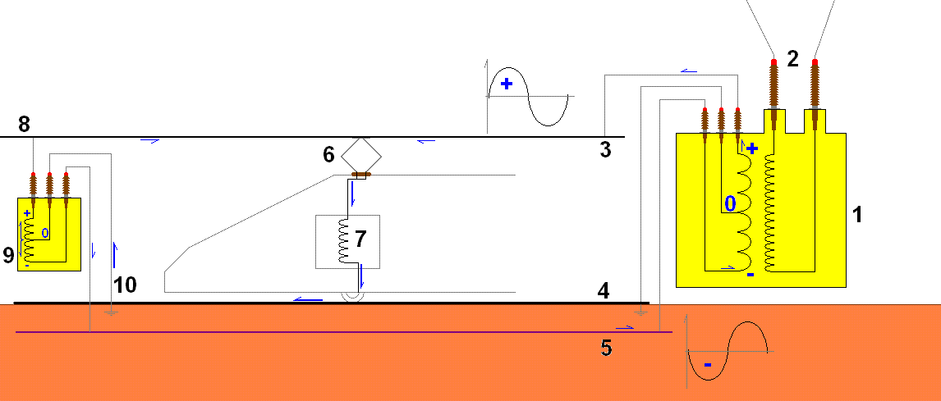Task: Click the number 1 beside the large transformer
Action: [857, 214]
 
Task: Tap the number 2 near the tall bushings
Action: [792, 59]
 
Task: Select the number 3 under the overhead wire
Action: [605, 149]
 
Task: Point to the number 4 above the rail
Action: [604, 291]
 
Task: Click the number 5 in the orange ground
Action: [607, 349]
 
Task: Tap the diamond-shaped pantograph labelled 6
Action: [361, 155]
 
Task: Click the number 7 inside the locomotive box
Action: [360, 239]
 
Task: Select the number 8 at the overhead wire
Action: [24, 125]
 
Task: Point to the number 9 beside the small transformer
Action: [8, 255]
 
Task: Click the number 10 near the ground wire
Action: [126, 285]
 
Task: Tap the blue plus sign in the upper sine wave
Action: [507, 84]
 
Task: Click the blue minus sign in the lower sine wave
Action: [708, 364]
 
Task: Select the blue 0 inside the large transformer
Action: [730, 204]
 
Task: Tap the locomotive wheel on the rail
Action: [352, 297]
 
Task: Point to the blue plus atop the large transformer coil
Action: [752, 148]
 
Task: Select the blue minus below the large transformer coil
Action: [751, 276]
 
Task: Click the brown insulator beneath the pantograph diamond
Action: [361, 175]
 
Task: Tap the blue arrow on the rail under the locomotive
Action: [309, 299]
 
